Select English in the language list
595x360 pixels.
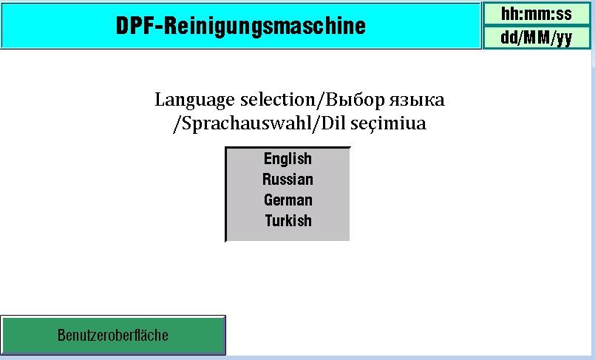coord(288,159)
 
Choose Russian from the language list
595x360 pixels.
coord(288,180)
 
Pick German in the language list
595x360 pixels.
coord(288,200)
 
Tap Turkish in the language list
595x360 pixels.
coord(288,220)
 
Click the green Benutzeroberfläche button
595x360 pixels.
coord(113,336)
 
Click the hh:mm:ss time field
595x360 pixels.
coord(536,14)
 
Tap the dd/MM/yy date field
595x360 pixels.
coord(536,38)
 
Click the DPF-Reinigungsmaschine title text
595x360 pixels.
coord(240,26)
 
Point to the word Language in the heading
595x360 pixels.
coord(194,100)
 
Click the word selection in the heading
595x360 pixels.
coord(278,99)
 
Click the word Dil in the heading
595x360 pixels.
coord(333,123)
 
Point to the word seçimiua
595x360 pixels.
coord(388,123)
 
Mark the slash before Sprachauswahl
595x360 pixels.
coord(177,124)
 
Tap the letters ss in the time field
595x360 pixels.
coord(563,15)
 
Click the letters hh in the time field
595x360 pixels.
coord(509,13)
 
